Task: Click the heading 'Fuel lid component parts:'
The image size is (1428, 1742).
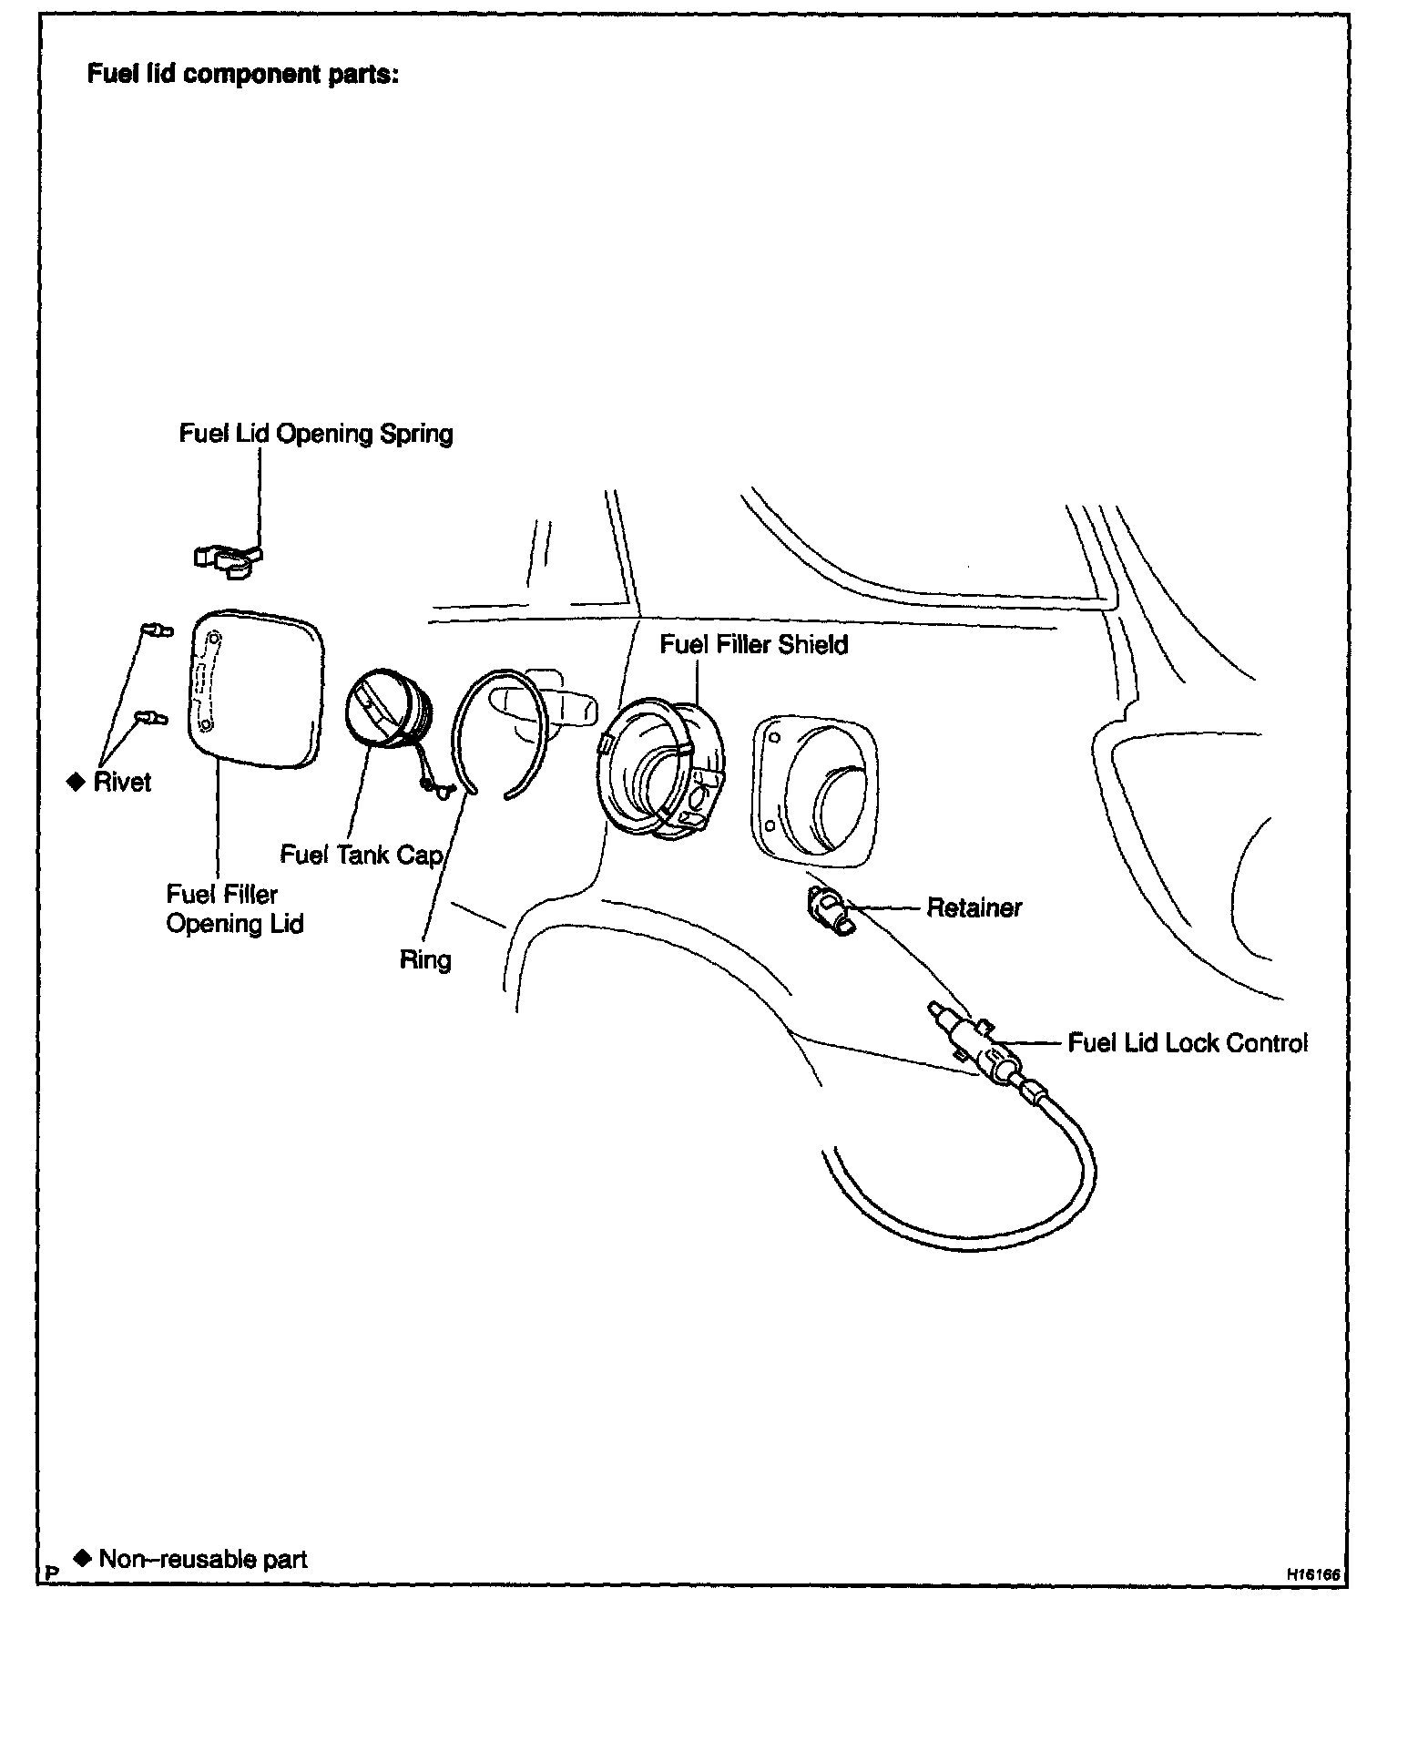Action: coord(242,74)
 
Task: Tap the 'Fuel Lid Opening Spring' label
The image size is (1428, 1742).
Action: coord(315,434)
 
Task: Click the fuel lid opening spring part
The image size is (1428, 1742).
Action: coord(228,559)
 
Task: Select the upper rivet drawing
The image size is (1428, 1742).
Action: coord(156,630)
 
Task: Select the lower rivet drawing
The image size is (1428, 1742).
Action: coord(150,719)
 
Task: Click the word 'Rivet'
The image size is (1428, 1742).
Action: coord(122,782)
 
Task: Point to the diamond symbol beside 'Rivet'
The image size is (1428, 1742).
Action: coord(76,781)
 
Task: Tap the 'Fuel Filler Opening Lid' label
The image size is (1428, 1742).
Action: coord(233,908)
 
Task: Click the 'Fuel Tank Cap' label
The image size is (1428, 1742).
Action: coord(361,855)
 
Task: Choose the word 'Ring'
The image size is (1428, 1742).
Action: coord(424,959)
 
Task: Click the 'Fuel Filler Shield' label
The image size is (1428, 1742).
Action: coord(753,645)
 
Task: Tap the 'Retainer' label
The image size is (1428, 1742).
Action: coord(974,907)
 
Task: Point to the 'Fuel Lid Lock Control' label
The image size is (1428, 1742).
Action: coord(1187,1042)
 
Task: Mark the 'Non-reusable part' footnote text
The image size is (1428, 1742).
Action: coord(202,1559)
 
